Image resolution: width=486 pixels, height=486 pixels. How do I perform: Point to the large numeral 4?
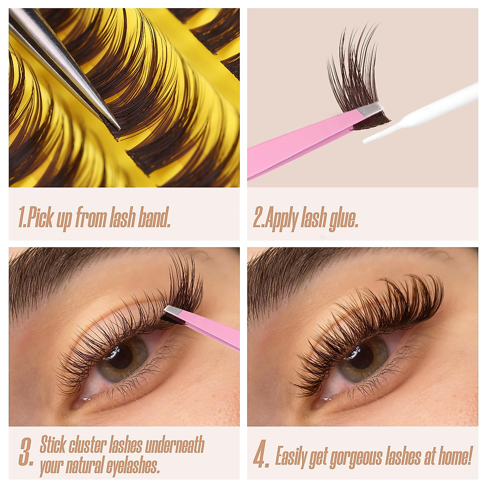point(261,456)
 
